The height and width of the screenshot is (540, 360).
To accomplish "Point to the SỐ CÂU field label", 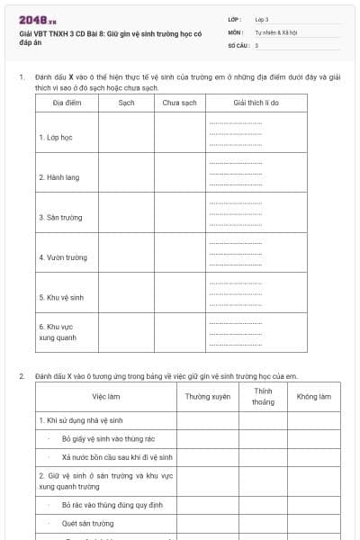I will (238, 44).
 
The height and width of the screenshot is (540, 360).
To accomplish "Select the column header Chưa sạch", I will (179, 103).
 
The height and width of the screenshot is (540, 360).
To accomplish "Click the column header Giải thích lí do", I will (256, 103).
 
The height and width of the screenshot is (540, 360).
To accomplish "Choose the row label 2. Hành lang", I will (58, 177).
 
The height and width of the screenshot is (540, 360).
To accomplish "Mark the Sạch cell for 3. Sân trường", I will (126, 218).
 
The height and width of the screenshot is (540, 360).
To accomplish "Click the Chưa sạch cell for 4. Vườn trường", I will (179, 257).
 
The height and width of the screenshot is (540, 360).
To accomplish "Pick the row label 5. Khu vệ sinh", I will (61, 297).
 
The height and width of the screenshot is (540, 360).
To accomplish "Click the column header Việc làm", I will (106, 396).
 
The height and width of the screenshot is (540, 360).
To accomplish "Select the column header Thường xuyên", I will (208, 396).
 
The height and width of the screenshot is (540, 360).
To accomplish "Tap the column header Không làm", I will (313, 396).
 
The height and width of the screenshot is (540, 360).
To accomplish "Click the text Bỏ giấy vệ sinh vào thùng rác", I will (108, 438).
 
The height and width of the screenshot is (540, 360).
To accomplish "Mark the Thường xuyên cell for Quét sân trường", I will (208, 523).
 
